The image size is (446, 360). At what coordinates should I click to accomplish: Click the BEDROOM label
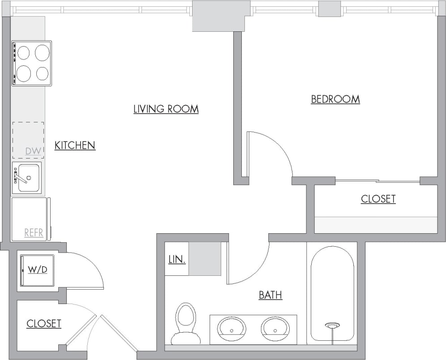point(335,99)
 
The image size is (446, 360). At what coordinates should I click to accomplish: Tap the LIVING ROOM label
point(166,109)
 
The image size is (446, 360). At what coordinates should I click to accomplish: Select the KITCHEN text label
point(75,145)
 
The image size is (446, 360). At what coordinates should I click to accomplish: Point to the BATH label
point(270,295)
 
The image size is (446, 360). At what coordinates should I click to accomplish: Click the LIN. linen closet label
point(177,259)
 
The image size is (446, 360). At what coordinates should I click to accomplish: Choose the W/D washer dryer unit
point(37,270)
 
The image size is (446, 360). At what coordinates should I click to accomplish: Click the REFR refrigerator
point(30,219)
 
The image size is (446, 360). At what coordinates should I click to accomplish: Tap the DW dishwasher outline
point(28,140)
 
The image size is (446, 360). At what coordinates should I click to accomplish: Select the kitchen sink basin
point(29,178)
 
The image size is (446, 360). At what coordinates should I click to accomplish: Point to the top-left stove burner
point(23,53)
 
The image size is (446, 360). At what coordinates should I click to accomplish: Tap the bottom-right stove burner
point(43,73)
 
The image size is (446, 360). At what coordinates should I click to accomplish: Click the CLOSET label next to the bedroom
point(378,199)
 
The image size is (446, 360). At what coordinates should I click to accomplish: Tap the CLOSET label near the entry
point(43,323)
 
